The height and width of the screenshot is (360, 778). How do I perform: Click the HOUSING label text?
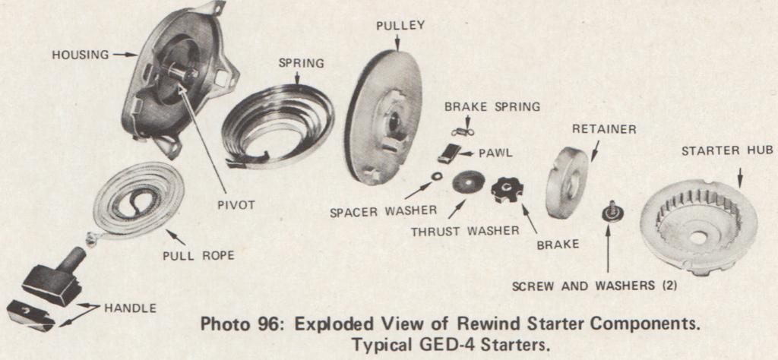pyautogui.click(x=81, y=55)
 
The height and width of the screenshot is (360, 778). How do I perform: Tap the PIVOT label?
pyautogui.click(x=236, y=205)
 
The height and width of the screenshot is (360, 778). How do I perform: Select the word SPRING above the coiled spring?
pyautogui.click(x=301, y=64)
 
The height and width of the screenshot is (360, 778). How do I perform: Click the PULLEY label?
pyautogui.click(x=400, y=26)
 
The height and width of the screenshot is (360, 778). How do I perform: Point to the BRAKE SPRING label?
pyautogui.click(x=492, y=106)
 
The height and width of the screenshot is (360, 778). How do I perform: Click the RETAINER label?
pyautogui.click(x=604, y=129)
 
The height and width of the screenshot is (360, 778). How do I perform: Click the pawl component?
pyautogui.click(x=449, y=153)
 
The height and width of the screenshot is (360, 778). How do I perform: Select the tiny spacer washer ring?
pyautogui.click(x=438, y=176)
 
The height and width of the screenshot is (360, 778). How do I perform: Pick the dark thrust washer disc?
pyautogui.click(x=469, y=182)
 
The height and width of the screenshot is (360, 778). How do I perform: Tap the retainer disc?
pyautogui.click(x=567, y=182)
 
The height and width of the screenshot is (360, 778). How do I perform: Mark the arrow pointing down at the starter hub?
pyautogui.click(x=740, y=178)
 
